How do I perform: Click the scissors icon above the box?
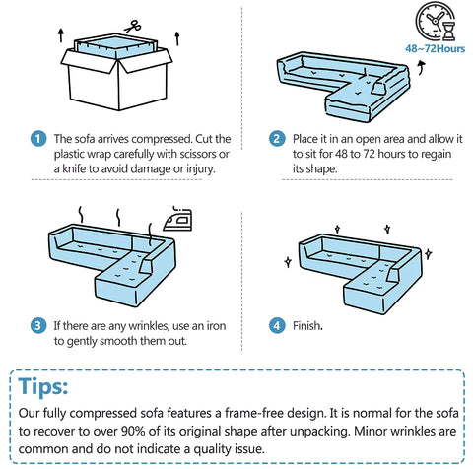click(x=133, y=27)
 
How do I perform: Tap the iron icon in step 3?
click(x=177, y=219)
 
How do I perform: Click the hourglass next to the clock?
click(x=448, y=32)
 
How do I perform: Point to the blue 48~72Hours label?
click(x=435, y=49)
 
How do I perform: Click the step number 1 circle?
click(x=38, y=139)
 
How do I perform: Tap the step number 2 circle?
click(x=277, y=139)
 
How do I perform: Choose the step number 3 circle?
click(x=38, y=326)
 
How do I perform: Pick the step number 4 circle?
click(x=277, y=326)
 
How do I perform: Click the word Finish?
click(x=307, y=326)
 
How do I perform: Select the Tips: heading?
click(x=43, y=386)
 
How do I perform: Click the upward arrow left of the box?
click(x=61, y=35)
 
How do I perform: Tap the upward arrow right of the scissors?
click(x=177, y=38)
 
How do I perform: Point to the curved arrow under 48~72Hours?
click(x=422, y=68)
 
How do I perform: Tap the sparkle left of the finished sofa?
click(x=288, y=262)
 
